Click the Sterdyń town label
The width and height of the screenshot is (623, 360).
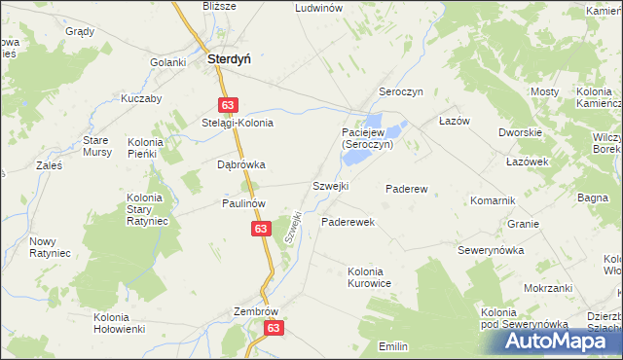[229, 58]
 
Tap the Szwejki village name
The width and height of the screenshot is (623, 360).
[330, 185]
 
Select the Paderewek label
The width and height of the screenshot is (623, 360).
[348, 222]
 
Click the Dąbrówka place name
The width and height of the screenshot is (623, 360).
[240, 164]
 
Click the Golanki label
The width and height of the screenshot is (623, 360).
[167, 62]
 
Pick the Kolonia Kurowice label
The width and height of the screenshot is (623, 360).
[369, 277]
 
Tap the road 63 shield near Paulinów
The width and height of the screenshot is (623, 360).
[260, 228]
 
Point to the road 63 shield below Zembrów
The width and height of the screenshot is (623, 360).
[273, 330]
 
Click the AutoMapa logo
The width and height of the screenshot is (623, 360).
[563, 341]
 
